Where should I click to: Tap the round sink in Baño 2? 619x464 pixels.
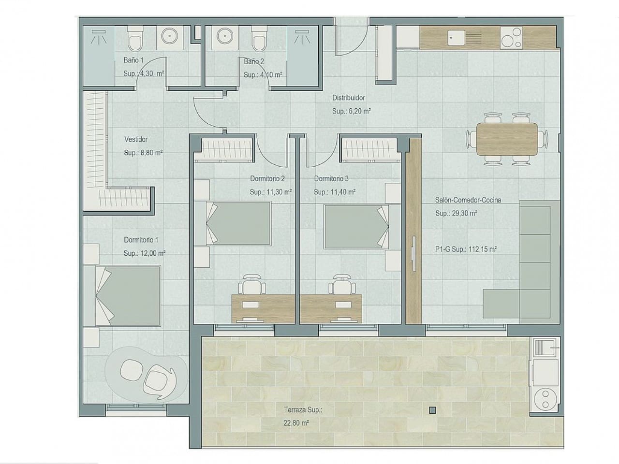coord(225,36)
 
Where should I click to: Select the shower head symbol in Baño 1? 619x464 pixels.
coord(99,36)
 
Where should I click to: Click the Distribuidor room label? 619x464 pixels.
coord(348,98)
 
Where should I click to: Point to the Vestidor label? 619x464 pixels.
coord(136,139)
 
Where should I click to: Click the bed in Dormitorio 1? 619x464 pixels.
coord(129,296)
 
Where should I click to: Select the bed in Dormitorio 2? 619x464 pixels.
coord(239,224)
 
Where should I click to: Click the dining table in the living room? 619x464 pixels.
coord(507,139)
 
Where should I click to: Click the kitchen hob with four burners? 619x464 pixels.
coord(512,38)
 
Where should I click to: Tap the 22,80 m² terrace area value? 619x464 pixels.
coord(296,422)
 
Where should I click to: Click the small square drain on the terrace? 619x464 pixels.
coord(432,410)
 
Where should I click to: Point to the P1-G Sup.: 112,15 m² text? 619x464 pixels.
coord(466,249)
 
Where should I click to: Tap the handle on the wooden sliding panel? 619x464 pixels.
coord(413,251)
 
